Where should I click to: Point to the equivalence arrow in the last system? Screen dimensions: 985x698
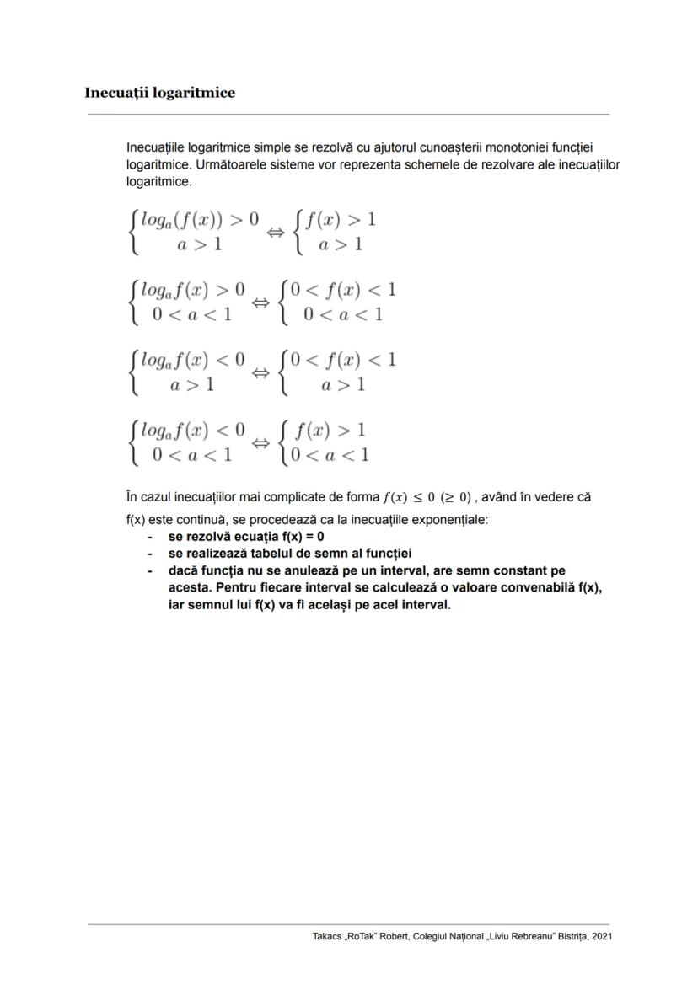tap(261, 443)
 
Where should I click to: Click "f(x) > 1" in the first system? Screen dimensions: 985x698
tap(340, 220)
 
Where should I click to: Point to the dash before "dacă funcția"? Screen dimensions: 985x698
tap(150, 570)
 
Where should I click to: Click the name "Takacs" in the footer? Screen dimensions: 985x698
tap(327, 936)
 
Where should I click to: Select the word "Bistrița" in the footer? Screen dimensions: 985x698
tap(568, 936)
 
